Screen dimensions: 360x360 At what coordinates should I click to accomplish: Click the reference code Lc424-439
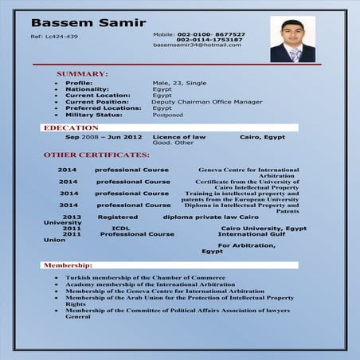coord(54,37)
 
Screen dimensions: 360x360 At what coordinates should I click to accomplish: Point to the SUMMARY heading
coord(82,73)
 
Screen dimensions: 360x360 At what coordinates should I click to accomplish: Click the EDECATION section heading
coord(71,127)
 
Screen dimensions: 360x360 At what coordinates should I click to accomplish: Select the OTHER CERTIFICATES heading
coord(96,155)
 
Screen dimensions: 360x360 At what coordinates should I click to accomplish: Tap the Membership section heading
coord(68,264)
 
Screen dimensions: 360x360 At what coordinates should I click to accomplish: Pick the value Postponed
coord(167,115)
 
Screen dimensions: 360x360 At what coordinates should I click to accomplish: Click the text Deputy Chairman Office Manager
coord(195,102)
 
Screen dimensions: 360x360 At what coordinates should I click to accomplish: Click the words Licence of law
coord(178,137)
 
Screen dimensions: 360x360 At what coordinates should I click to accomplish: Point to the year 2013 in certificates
coord(72,217)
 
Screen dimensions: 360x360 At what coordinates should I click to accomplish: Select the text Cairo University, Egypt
coord(264,228)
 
